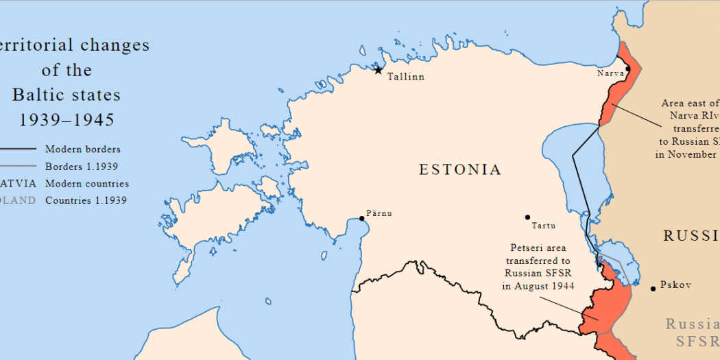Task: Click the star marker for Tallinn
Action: coord(378,69)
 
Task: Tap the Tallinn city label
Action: coord(405,77)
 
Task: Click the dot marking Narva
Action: coord(627,69)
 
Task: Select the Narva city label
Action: coord(610,73)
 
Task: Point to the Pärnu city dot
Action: coord(362,219)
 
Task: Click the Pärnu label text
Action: coord(379,213)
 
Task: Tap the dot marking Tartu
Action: coord(527,217)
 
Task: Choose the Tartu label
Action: coord(543,226)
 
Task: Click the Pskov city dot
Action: coord(653,288)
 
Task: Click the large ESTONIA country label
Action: coord(460,170)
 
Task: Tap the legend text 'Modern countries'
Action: coord(86,184)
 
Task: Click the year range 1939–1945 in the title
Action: coord(67,120)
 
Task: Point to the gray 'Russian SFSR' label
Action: coord(693,332)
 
